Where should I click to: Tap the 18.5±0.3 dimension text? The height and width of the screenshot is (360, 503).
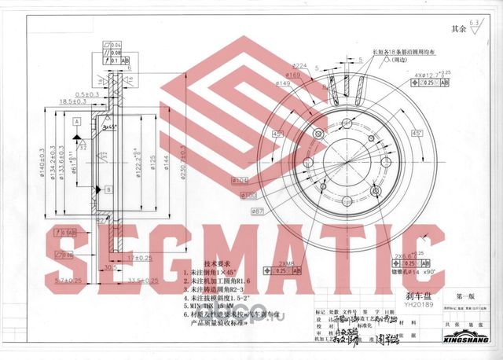click(72, 101)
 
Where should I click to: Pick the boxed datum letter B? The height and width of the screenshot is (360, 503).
click(107, 189)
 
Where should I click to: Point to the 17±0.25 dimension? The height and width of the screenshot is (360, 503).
click(141, 257)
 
